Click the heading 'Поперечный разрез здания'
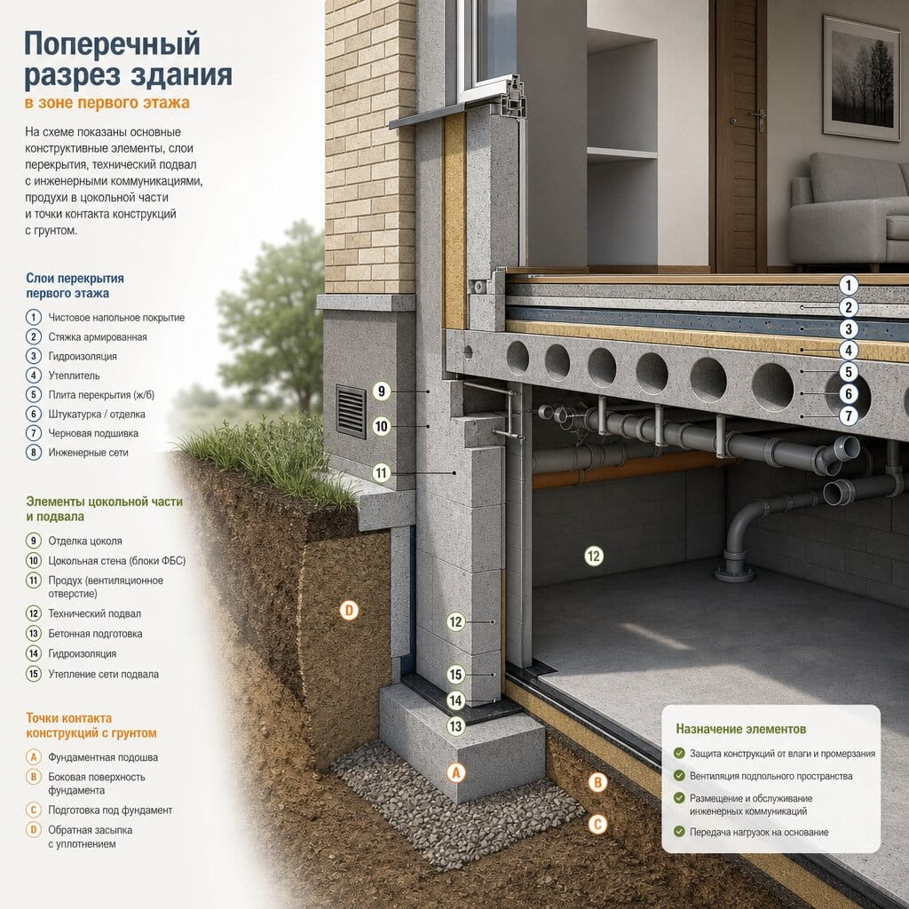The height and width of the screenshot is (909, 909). [x=128, y=59]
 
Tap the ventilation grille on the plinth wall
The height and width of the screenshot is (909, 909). [x=352, y=412]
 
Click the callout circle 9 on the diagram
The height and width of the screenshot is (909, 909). [x=381, y=391]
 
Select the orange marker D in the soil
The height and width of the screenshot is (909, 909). [x=349, y=610]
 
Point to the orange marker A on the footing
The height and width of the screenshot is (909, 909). [x=456, y=773]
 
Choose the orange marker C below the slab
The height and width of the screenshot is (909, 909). [x=597, y=825]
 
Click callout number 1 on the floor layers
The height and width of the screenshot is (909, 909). [x=849, y=285]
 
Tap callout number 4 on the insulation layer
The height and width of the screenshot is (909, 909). [x=849, y=350]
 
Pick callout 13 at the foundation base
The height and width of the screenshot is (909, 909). [x=455, y=726]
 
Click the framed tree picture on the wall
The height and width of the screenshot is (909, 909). [x=861, y=78]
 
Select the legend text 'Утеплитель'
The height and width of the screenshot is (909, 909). [x=74, y=375]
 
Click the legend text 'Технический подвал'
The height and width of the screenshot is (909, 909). [x=94, y=613]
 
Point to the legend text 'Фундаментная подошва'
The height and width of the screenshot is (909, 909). [x=103, y=757]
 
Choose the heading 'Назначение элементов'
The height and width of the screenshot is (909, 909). [x=741, y=729]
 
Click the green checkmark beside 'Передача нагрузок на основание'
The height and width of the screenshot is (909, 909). [x=679, y=831]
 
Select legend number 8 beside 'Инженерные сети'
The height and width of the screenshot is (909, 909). [x=34, y=452]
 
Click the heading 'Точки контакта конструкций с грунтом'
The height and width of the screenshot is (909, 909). [x=91, y=725]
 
